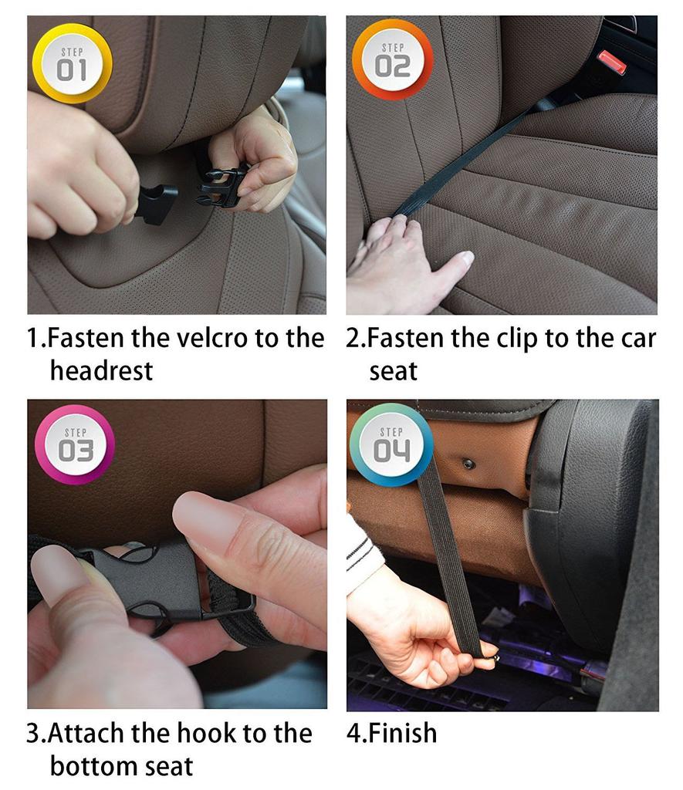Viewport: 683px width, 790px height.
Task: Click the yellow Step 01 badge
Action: coord(72,63)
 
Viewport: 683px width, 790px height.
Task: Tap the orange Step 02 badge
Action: coord(393,59)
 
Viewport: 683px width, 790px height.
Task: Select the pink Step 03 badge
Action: coord(75,445)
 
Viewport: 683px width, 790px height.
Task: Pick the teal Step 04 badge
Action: coord(391,445)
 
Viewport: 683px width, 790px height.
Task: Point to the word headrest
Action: coord(101,371)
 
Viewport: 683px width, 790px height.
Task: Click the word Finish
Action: coord(402,733)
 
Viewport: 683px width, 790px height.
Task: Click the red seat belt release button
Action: coord(612,62)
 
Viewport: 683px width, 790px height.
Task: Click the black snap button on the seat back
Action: coord(468,463)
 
